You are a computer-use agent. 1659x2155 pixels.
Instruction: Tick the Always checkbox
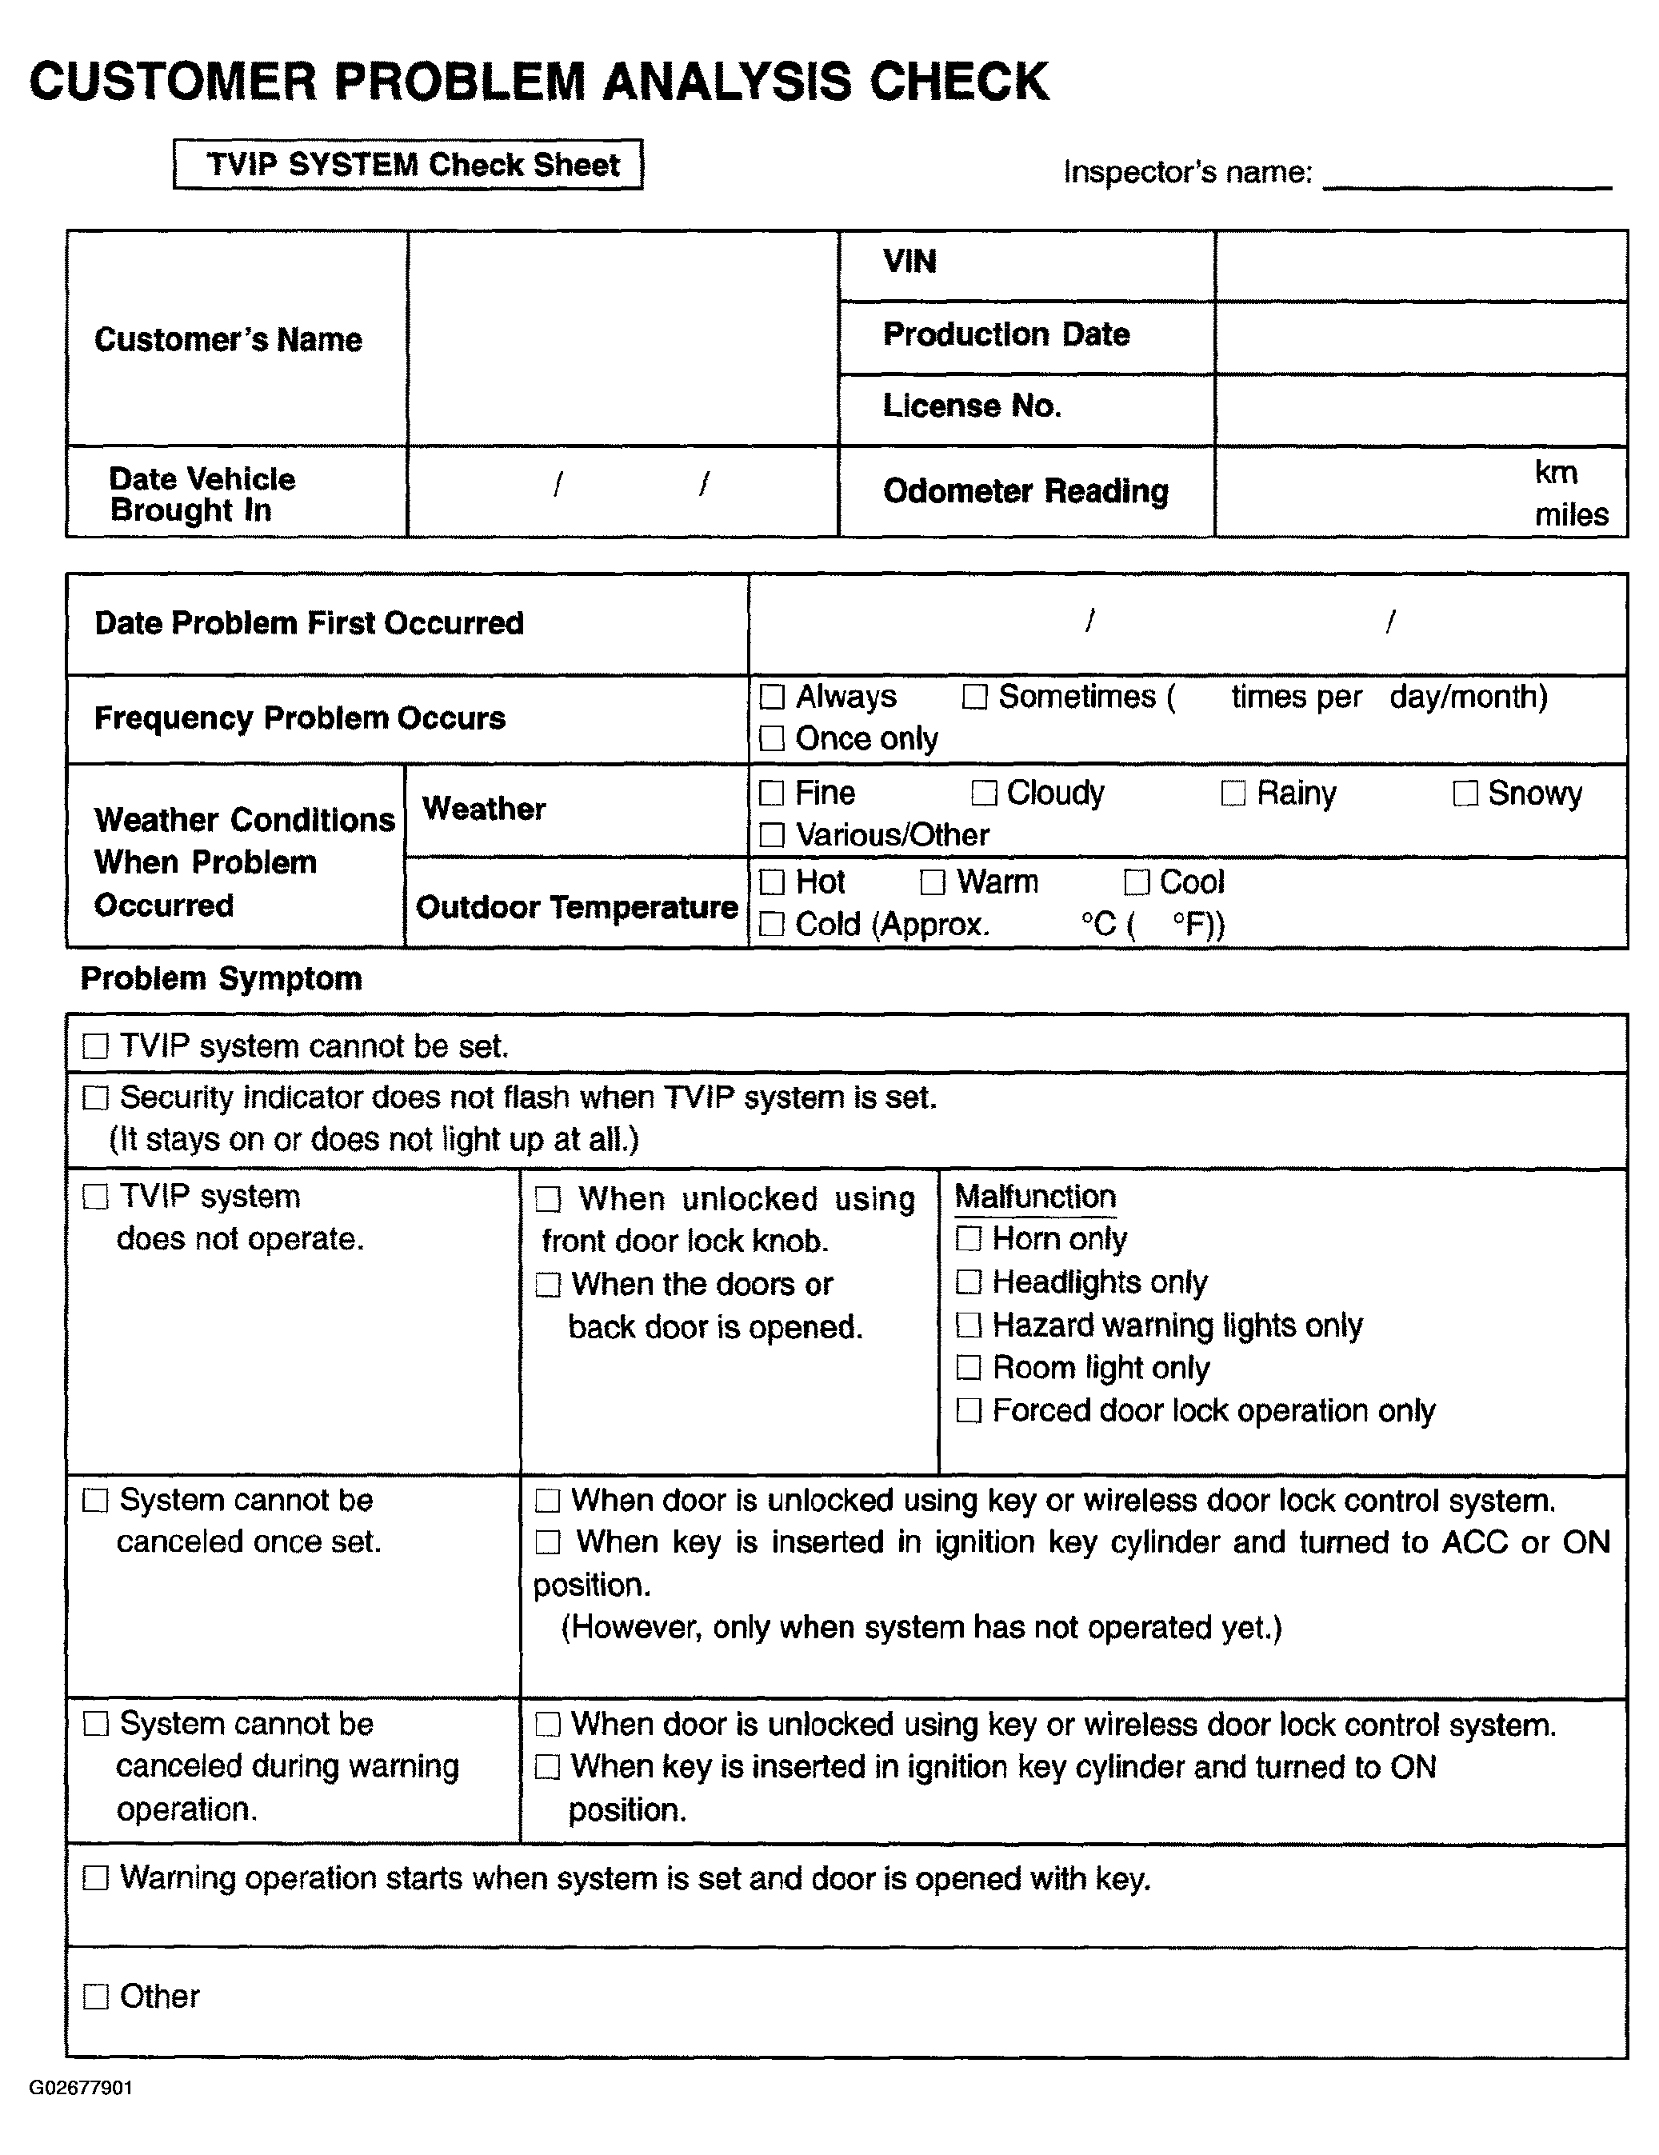click(x=772, y=697)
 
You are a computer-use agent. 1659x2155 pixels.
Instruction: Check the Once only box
click(x=772, y=738)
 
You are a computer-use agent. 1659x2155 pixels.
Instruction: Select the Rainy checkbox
click(x=1233, y=794)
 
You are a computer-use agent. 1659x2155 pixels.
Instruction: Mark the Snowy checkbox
click(x=1465, y=794)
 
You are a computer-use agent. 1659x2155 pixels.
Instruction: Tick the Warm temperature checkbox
click(x=933, y=882)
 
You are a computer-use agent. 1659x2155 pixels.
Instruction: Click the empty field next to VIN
click(x=1420, y=266)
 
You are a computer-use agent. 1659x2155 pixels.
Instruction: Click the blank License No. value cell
click(x=1420, y=410)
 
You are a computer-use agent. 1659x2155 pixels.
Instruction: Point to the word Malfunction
click(x=1034, y=1197)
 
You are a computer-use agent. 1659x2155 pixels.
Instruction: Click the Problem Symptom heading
click(x=221, y=979)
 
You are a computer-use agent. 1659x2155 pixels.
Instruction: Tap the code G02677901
click(x=80, y=2088)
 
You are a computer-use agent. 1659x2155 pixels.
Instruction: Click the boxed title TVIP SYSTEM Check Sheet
click(x=408, y=165)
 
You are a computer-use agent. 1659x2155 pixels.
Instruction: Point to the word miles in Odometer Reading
click(x=1571, y=515)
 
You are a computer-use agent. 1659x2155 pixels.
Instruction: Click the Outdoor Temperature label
click(x=577, y=907)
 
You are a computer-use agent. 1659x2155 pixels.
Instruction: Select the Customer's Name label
click(x=228, y=339)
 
